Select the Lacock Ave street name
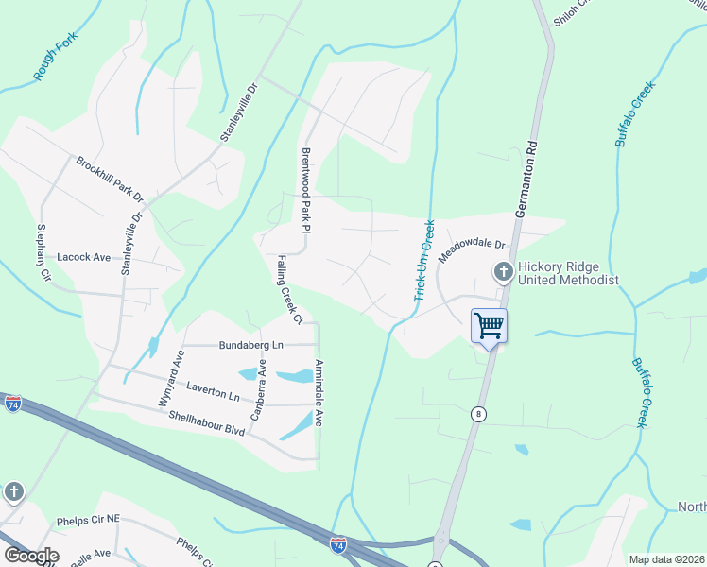click(84, 257)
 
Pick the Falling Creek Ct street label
click(289, 288)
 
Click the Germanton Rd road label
click(532, 180)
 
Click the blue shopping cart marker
click(489, 326)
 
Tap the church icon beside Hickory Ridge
click(503, 273)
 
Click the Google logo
click(31, 556)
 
